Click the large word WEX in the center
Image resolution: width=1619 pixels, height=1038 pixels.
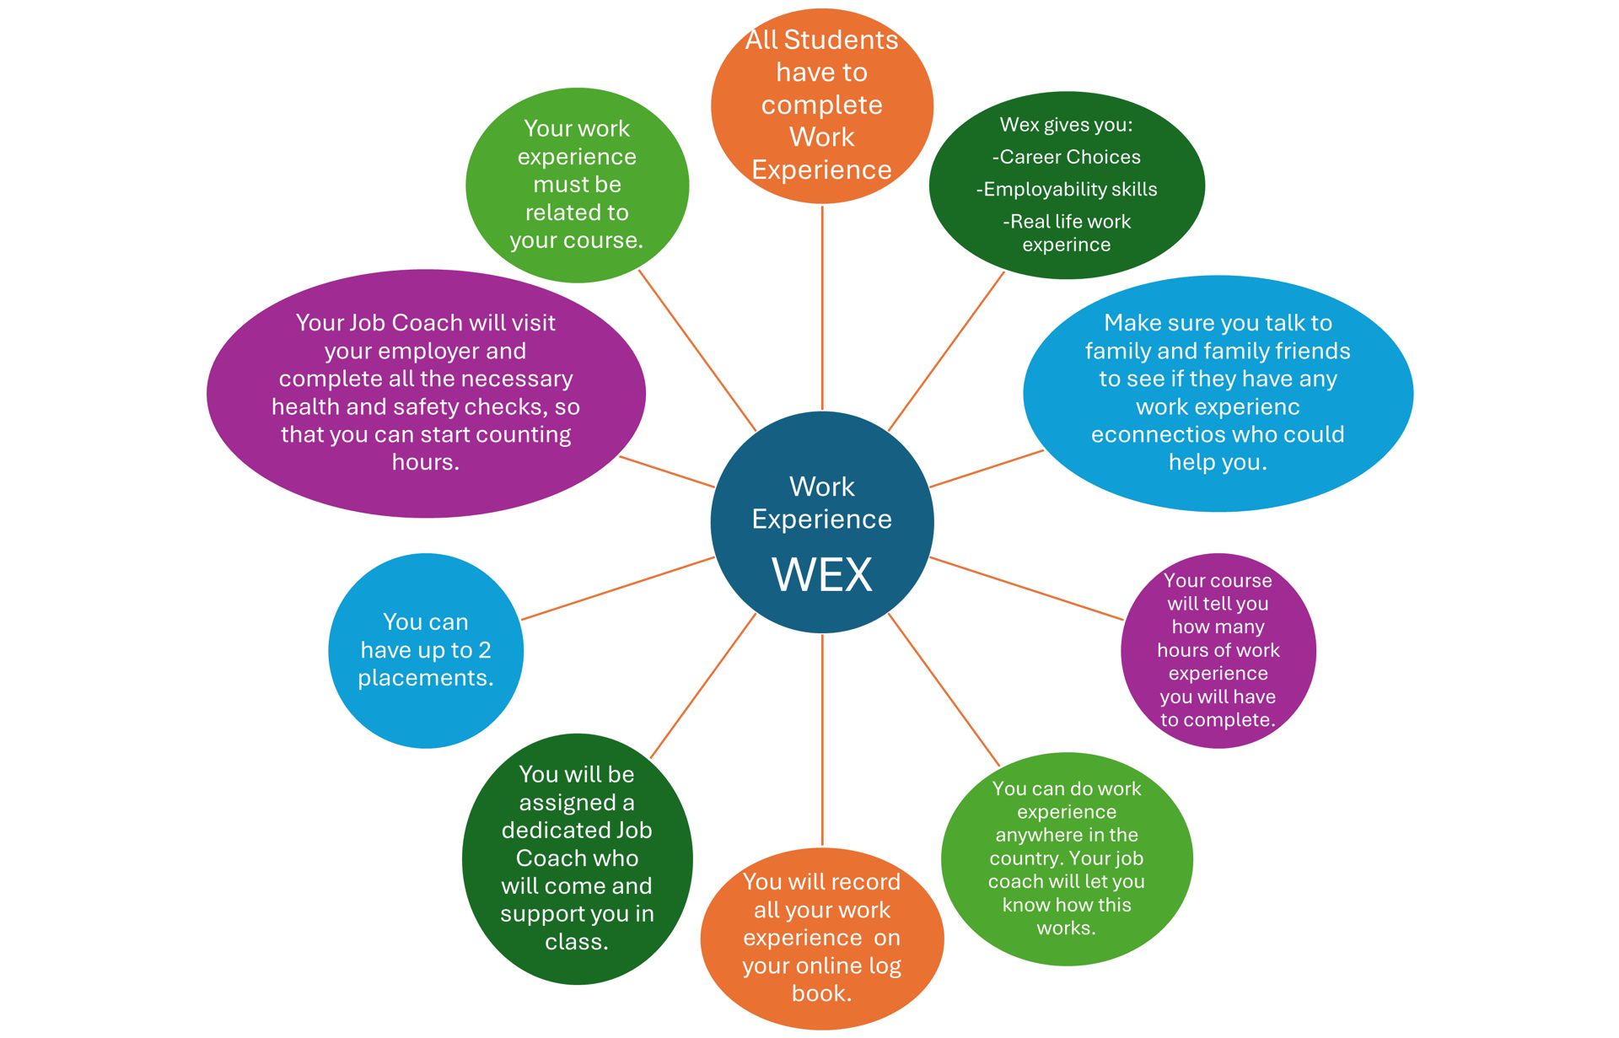tap(821, 575)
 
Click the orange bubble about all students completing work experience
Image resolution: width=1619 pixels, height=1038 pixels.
tap(821, 105)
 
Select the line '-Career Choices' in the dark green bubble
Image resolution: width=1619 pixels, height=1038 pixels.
tap(1066, 157)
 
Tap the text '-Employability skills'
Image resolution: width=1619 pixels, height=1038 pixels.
tap(1066, 190)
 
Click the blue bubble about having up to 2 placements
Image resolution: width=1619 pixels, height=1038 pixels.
tap(426, 650)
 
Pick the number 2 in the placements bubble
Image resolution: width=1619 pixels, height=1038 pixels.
tap(485, 650)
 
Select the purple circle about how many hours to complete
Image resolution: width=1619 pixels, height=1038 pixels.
tap(1218, 650)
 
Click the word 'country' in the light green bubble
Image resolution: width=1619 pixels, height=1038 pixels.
tap(1025, 858)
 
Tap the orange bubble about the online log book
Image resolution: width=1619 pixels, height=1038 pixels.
tap(822, 939)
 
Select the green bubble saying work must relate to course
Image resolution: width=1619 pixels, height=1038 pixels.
tap(578, 185)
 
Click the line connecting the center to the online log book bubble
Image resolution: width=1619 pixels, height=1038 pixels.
tap(822, 740)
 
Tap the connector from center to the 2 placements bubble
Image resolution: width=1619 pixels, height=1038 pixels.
tap(618, 589)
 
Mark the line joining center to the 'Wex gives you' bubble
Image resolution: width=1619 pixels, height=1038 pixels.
tap(946, 352)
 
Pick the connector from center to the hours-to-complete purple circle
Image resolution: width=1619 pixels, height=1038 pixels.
tap(1026, 589)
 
